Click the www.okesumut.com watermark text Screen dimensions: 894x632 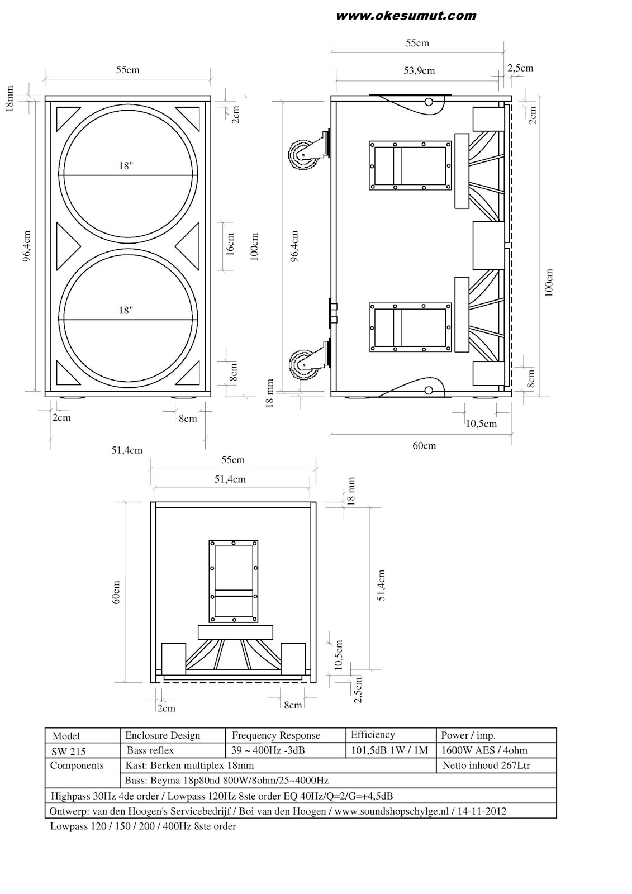pyautogui.click(x=406, y=16)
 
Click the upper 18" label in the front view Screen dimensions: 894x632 pyautogui.click(x=126, y=166)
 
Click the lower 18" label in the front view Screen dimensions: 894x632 pyautogui.click(x=126, y=310)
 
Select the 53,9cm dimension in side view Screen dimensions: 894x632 pyautogui.click(x=419, y=71)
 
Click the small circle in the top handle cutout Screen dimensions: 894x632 pyautogui.click(x=429, y=102)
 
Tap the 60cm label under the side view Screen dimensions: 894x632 pyautogui.click(x=424, y=445)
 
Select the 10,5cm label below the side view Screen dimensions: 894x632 pyautogui.click(x=481, y=424)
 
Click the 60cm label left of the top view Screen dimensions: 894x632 pyautogui.click(x=116, y=592)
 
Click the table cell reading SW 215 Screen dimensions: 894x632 pyautogui.click(x=68, y=752)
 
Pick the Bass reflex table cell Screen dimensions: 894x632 pyautogui.click(x=150, y=750)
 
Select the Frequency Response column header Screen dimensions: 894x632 pyautogui.click(x=276, y=735)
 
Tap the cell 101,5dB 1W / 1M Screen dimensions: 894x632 pyautogui.click(x=389, y=750)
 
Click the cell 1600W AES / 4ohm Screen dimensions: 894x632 pyautogui.click(x=484, y=750)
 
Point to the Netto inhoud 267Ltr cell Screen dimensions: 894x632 pyautogui.click(x=486, y=765)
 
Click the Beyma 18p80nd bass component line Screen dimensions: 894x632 pyautogui.click(x=226, y=781)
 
